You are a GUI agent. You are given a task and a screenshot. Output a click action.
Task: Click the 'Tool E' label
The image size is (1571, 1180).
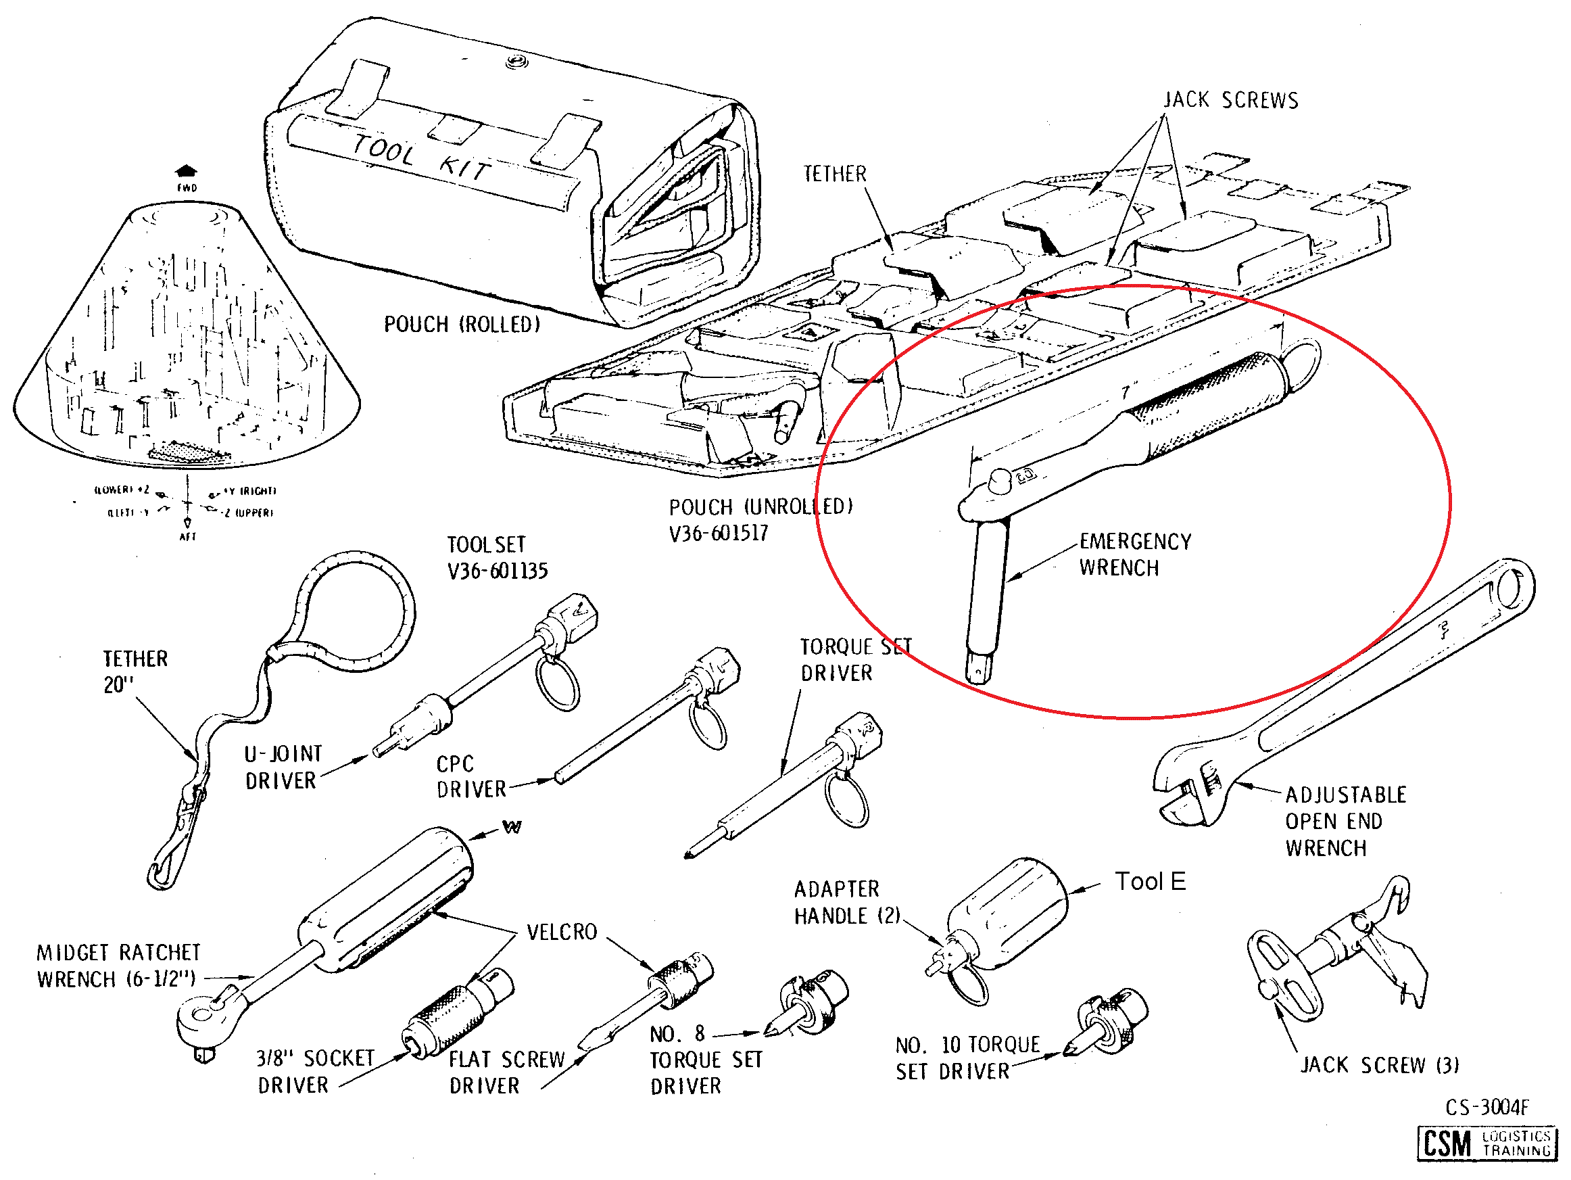coord(1150,882)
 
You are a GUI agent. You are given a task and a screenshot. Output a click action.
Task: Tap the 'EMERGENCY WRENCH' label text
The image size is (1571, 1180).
coord(1134,554)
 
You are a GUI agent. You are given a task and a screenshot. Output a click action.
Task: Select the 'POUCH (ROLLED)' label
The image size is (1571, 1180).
coord(462,325)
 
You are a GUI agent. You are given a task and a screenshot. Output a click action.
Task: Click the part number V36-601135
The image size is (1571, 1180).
coord(497,571)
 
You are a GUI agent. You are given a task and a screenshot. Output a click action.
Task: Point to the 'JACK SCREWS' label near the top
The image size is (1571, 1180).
coord(1231,100)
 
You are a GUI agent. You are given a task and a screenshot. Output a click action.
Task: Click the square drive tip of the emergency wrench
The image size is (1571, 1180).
coord(979,669)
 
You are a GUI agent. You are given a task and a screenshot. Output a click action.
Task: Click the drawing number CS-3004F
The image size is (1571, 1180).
coord(1487,1107)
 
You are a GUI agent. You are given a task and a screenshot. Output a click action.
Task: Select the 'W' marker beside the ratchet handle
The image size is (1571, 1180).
coord(511,827)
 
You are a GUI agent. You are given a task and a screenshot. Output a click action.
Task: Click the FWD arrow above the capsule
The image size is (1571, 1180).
coord(186,170)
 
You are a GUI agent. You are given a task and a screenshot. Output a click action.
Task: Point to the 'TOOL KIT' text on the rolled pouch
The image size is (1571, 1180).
coord(422,157)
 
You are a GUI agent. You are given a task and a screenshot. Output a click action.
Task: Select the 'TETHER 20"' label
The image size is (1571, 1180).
coord(135,671)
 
